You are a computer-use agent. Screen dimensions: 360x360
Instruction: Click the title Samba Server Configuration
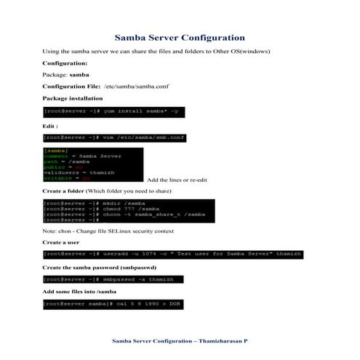180,37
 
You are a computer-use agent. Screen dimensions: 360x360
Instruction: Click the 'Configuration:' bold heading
65,63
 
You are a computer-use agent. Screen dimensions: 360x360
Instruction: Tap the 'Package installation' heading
72,98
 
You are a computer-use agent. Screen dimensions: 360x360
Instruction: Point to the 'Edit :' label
51,125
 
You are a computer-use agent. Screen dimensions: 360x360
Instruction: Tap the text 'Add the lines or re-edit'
177,180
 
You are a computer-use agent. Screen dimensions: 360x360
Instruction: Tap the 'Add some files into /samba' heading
83,291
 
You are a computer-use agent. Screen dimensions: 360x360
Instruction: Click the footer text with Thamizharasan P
180,340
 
